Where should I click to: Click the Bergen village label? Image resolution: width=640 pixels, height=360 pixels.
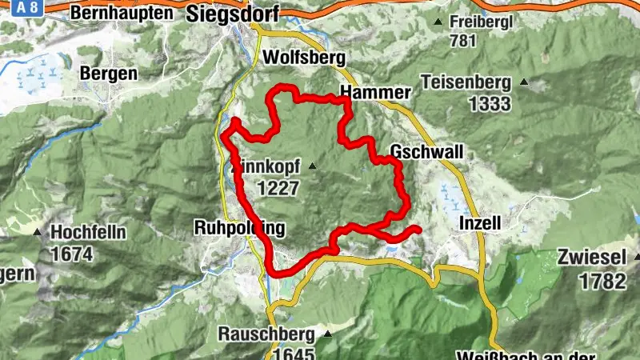(x=108, y=73)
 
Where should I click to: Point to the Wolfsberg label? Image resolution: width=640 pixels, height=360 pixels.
(x=303, y=58)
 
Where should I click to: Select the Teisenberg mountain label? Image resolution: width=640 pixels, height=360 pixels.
(x=466, y=82)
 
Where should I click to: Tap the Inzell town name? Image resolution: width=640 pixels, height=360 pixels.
(x=480, y=224)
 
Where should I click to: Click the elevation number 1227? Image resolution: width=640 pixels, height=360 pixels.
(x=278, y=188)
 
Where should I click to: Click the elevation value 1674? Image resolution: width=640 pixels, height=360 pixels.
(x=71, y=254)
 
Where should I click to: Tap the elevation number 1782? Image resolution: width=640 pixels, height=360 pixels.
(x=603, y=282)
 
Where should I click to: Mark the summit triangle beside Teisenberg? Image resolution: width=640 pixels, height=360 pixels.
(x=524, y=82)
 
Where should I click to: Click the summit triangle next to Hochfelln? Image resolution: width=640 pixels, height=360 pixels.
(x=38, y=231)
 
